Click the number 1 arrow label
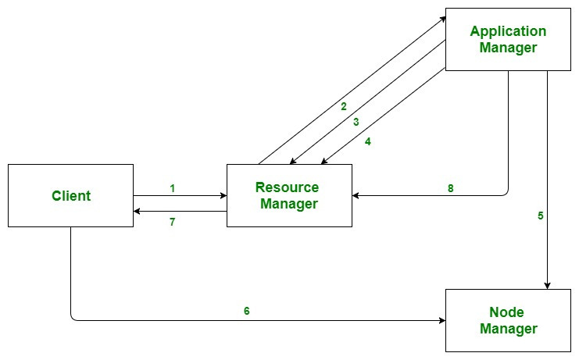(172, 188)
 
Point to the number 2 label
(343, 106)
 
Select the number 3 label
(356, 122)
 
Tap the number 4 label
(367, 142)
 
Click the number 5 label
(540, 216)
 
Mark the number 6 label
(247, 311)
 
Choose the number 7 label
(172, 222)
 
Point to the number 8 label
(450, 188)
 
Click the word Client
(71, 195)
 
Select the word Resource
(287, 187)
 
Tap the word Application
(508, 31)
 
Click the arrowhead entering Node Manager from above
(548, 285)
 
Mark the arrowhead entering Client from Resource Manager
(138, 211)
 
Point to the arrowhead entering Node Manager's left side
(441, 320)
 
